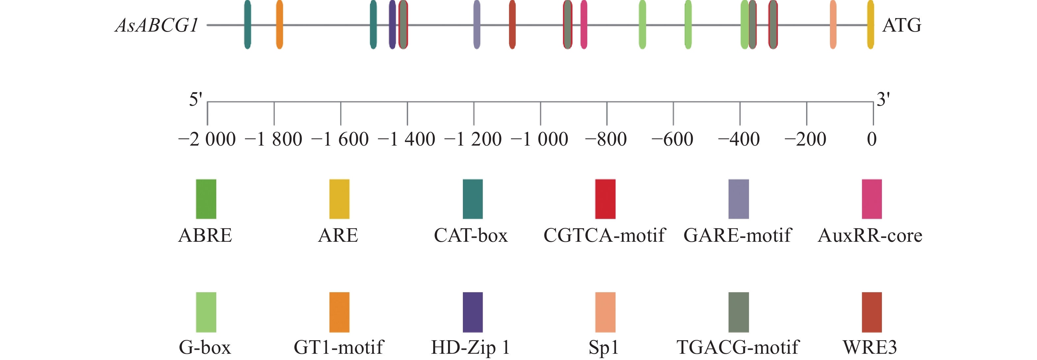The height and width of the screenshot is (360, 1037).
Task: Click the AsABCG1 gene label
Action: tap(157, 25)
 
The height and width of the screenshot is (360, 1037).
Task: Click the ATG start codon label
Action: tap(902, 25)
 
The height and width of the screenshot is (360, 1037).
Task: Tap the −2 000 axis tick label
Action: tap(207, 139)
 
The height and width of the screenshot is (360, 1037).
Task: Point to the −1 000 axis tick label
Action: tap(540, 139)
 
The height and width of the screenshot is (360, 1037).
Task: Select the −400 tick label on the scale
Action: tap(739, 139)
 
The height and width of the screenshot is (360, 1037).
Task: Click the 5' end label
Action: tap(196, 99)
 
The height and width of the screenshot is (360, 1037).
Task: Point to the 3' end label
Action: tap(883, 99)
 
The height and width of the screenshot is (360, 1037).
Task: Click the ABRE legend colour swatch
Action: tap(206, 199)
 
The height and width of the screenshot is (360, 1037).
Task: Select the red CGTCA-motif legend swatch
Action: tap(605, 199)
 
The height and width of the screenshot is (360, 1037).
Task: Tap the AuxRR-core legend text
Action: tap(870, 235)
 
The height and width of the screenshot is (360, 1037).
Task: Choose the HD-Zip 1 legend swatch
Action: tap(473, 312)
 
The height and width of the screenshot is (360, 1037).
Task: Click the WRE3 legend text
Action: tap(870, 347)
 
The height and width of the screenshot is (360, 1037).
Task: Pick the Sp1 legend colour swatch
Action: tap(605, 312)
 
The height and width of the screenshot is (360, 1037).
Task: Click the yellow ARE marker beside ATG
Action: tap(870, 25)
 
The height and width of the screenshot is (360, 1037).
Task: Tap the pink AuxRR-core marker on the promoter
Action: tap(584, 25)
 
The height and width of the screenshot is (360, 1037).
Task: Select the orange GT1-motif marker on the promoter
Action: tap(279, 25)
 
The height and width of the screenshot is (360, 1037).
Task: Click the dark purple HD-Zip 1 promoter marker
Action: tap(392, 25)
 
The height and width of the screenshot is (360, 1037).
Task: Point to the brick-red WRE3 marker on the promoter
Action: tap(512, 25)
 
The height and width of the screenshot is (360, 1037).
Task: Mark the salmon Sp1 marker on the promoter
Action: tap(833, 25)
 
